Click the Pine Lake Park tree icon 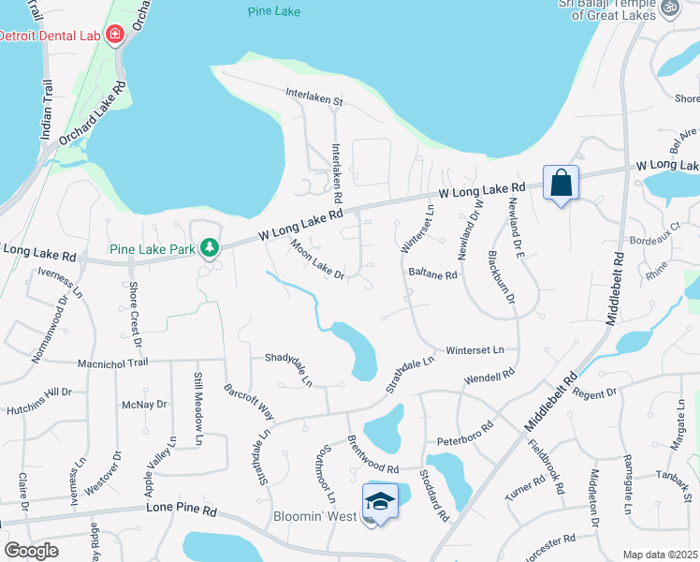pyautogui.click(x=212, y=247)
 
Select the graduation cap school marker pyautogui.click(x=380, y=502)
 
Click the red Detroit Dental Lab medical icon pyautogui.click(x=115, y=35)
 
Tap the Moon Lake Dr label pyautogui.click(x=318, y=259)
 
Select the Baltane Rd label pyautogui.click(x=432, y=274)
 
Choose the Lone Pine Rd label pyautogui.click(x=182, y=511)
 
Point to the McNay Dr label pyautogui.click(x=143, y=404)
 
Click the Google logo pyautogui.click(x=32, y=551)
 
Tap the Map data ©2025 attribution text pyautogui.click(x=660, y=555)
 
